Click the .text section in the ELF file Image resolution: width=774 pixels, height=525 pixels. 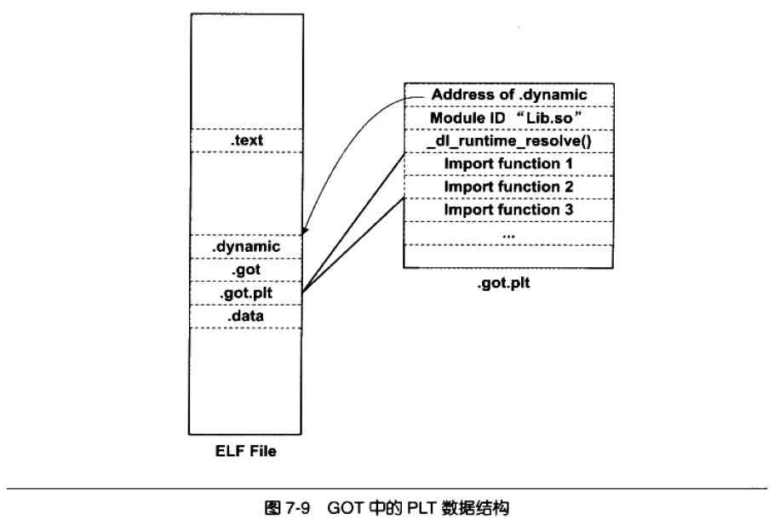coord(247,140)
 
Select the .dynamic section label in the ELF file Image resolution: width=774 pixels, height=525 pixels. coord(246,247)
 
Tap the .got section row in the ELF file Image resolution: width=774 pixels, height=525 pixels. coord(246,270)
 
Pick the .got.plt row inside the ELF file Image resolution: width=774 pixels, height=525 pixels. coord(246,293)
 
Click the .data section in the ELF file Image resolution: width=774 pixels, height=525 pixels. coord(246,317)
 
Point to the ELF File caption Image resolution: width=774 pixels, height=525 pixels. coord(246,451)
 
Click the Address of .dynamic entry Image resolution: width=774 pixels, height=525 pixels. coord(509,94)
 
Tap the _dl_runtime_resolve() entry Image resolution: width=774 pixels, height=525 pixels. coord(509,141)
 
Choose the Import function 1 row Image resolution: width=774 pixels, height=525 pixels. coord(509,164)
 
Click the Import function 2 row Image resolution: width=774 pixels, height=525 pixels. coord(509,187)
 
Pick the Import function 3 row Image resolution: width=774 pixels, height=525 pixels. coord(509,210)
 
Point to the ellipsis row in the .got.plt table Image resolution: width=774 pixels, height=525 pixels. coord(509,233)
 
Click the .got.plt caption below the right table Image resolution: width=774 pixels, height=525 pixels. coord(503,283)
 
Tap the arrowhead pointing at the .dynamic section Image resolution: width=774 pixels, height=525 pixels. coord(305,231)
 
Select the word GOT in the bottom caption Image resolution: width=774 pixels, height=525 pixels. coord(346,508)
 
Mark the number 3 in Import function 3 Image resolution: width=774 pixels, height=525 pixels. coord(569,209)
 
